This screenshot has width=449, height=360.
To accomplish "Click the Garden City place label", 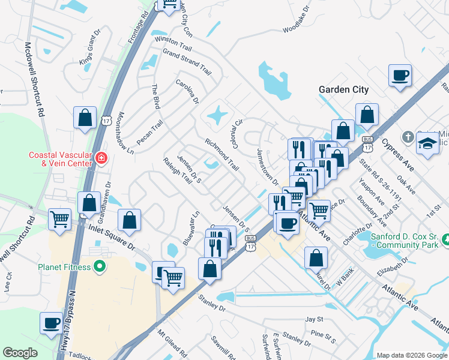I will point(343,89).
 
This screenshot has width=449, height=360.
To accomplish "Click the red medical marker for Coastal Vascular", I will point(101,158).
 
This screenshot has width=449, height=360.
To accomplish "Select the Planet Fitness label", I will point(64,267).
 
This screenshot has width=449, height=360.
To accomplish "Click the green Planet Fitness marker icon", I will point(100,266).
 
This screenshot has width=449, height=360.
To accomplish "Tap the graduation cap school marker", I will point(427,144).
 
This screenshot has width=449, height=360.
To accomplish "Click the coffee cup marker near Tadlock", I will point(50,323).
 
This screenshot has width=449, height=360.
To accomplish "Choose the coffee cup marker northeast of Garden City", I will point(400,76).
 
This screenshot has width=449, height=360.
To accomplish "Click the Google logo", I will point(20,353).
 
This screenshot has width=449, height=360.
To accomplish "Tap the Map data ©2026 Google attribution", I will point(412,355).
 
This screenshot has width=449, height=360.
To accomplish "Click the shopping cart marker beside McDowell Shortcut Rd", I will point(59,219).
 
